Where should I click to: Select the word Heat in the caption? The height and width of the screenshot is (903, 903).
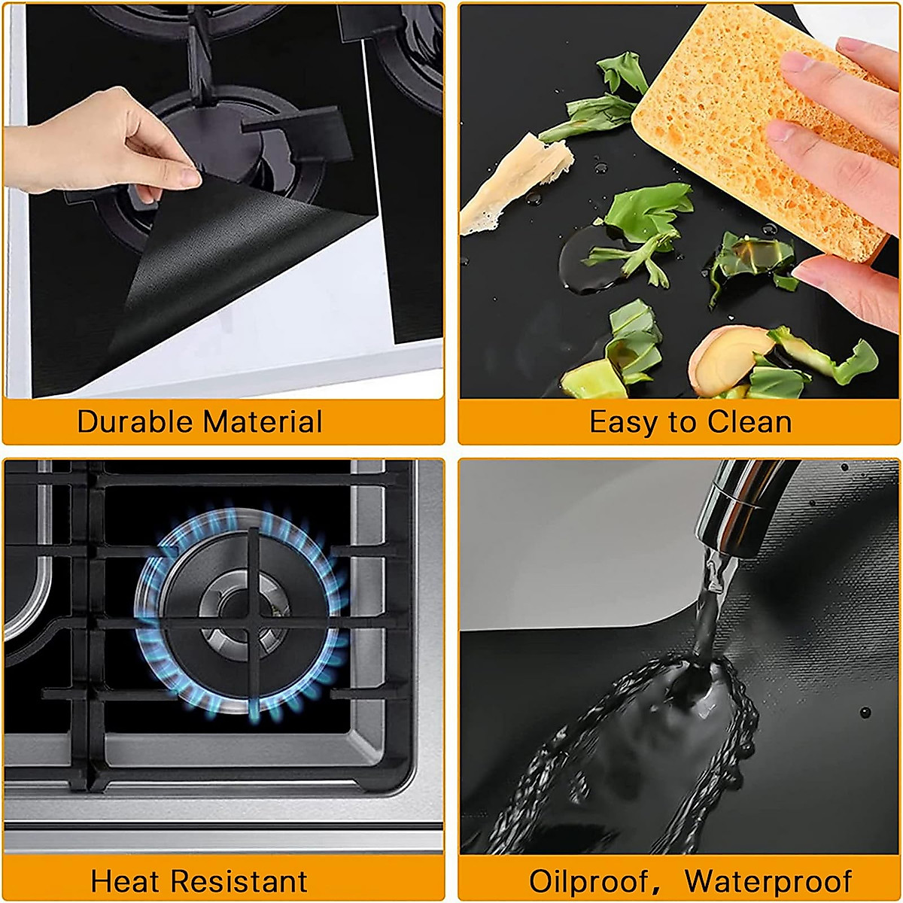pyautogui.click(x=120, y=880)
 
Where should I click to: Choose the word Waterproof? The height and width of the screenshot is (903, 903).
pyautogui.click(x=768, y=880)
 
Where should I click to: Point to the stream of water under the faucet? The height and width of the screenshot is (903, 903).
pyautogui.click(x=711, y=594)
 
